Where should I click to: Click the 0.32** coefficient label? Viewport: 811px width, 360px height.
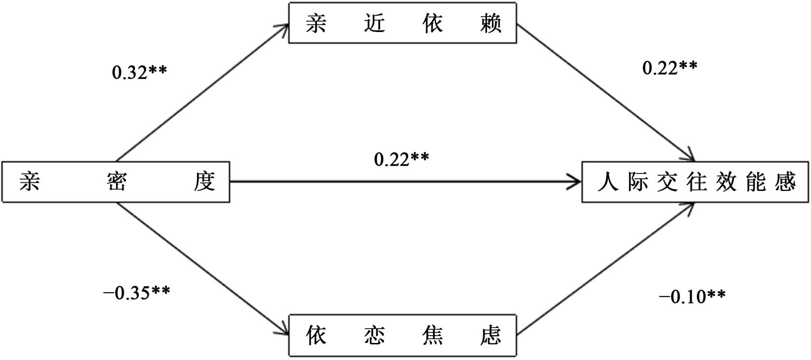[139, 72]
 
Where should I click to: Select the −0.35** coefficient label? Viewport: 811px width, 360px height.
[137, 293]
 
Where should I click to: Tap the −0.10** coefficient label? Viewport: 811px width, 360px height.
[692, 296]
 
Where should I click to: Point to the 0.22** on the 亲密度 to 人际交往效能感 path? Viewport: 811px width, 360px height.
[401, 159]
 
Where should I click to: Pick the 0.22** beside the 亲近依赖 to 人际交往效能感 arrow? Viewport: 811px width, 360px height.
[669, 68]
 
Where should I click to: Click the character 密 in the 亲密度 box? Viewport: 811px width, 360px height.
[117, 181]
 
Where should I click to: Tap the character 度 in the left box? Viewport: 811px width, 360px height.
[204, 181]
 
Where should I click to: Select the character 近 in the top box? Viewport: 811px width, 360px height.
[374, 23]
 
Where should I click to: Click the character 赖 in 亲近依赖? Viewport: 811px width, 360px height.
[491, 23]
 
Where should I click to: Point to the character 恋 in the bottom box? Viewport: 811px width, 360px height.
[374, 335]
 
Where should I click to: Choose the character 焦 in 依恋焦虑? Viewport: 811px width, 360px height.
[432, 335]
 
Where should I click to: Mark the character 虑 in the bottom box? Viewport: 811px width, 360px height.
[491, 335]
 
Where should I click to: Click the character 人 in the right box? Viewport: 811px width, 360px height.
[607, 182]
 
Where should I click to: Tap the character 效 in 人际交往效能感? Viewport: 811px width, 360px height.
[725, 182]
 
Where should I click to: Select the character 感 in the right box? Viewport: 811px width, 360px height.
[785, 182]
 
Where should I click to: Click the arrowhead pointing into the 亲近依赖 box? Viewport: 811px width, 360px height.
[284, 27]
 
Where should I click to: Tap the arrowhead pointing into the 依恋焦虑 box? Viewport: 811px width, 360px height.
[284, 331]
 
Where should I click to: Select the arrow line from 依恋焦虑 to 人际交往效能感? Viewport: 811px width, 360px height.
[604, 270]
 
